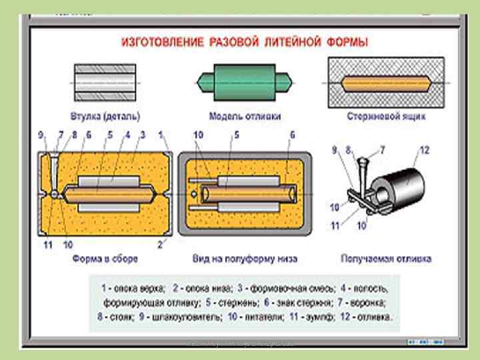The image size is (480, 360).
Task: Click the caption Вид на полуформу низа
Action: (244, 257)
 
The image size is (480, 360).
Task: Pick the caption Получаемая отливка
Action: (386, 257)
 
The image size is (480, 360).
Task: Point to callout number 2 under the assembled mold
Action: (161, 245)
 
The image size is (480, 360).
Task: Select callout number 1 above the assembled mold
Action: (161, 134)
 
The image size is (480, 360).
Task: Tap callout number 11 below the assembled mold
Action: (47, 245)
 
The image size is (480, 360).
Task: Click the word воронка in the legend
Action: (371, 303)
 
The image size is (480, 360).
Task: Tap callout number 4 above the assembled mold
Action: (127, 134)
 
